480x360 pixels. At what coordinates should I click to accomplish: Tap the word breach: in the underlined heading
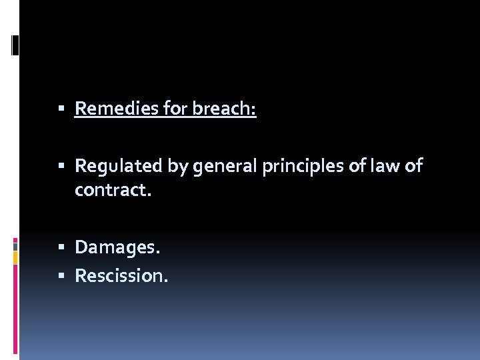(x=224, y=108)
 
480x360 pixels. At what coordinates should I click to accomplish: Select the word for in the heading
(x=177, y=108)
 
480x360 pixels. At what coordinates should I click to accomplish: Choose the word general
(x=224, y=166)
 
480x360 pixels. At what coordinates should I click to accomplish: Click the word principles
(x=304, y=166)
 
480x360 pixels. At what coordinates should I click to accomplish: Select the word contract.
(x=113, y=191)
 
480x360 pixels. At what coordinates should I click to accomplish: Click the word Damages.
(x=117, y=247)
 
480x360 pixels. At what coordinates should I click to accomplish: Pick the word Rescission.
(x=121, y=275)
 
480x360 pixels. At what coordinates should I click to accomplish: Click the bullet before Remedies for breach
(x=61, y=109)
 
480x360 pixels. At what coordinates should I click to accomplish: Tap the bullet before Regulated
(x=61, y=166)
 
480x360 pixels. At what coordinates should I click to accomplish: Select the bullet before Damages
(x=61, y=248)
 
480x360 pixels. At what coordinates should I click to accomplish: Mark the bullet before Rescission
(x=61, y=275)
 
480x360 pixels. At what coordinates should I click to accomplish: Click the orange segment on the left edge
(x=15, y=257)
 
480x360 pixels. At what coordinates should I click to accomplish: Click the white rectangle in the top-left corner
(x=15, y=45)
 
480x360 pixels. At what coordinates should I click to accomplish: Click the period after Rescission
(x=166, y=280)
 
